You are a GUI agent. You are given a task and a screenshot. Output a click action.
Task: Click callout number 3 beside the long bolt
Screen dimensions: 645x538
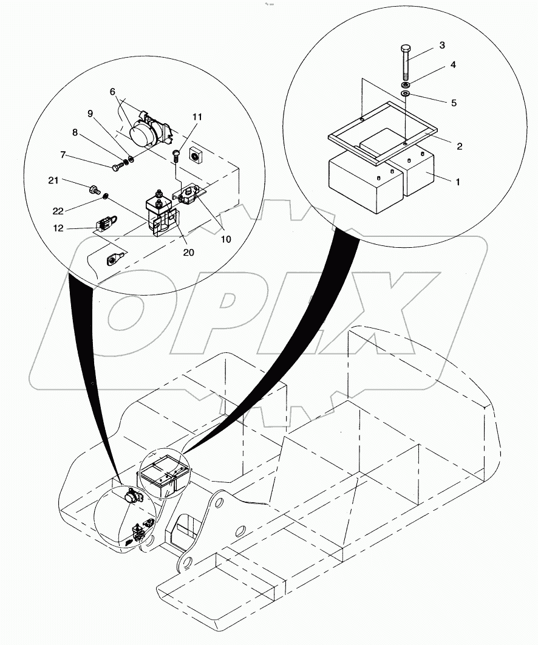[x=442, y=46]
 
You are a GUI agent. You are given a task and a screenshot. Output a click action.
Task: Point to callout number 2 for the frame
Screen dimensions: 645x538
[x=459, y=146]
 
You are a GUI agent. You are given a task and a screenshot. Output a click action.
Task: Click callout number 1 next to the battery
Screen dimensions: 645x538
[x=457, y=181]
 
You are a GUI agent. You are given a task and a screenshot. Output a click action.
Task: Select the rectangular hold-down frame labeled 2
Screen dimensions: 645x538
[x=383, y=136]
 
